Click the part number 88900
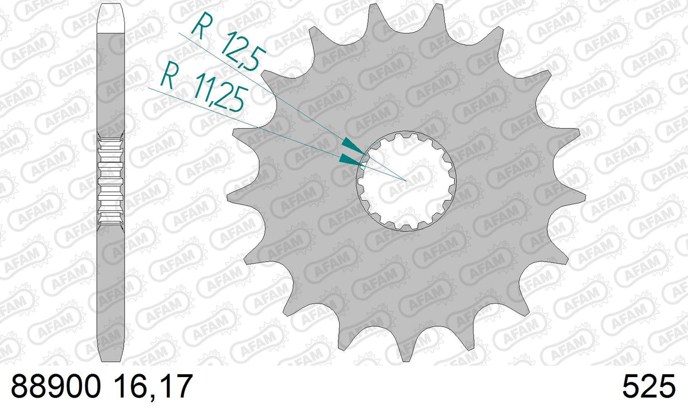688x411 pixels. [56, 386]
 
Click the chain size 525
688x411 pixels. [649, 386]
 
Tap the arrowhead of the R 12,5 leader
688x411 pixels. [354, 146]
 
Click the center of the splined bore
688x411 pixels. [406, 181]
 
